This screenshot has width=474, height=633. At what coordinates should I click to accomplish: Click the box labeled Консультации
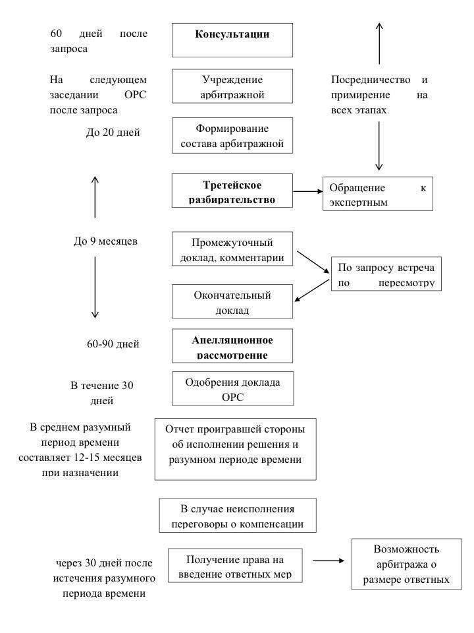coord(232,40)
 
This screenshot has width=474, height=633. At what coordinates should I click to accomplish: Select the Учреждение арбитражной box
coord(232,86)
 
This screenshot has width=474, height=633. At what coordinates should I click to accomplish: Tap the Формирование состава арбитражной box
coord(232,136)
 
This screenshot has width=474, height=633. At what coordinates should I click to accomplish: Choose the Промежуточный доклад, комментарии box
coord(232,249)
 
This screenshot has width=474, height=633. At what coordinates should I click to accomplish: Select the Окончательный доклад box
coord(232,301)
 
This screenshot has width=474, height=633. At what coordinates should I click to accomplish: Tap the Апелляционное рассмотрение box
coord(232,347)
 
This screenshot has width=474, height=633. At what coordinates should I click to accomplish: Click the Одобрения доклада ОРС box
coord(232,389)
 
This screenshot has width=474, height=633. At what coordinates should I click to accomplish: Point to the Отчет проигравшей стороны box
coord(235,448)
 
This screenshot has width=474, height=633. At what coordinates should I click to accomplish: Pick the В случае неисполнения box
coord(237,516)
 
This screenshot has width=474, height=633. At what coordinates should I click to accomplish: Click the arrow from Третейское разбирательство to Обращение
coord(307,191)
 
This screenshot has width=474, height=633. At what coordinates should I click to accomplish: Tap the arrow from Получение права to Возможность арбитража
coord(329,560)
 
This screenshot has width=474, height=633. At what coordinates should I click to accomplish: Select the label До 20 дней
coord(113,133)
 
